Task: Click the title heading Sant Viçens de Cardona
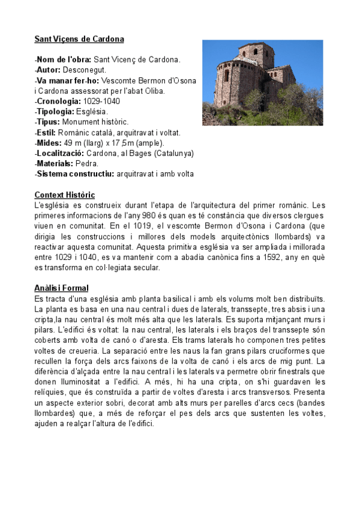tap(79, 39)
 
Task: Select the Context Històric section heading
tap(64, 195)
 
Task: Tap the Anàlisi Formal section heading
tap(61, 288)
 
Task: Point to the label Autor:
tap(49, 70)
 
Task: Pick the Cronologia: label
tap(61, 101)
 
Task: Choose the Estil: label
tap(47, 132)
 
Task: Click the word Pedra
tap(90, 163)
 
